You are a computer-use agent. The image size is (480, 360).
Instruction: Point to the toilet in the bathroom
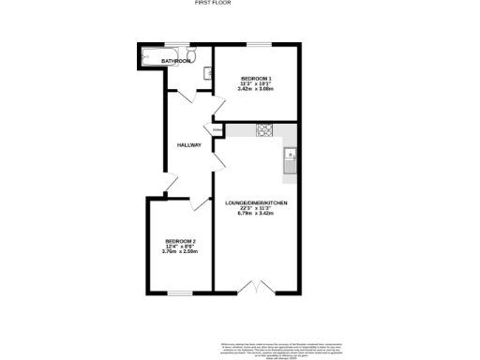click(190, 55)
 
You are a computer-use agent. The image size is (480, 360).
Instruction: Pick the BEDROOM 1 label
click(256, 78)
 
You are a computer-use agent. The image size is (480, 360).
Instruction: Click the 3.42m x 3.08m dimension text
click(256, 89)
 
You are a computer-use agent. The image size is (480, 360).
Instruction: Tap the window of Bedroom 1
click(256, 44)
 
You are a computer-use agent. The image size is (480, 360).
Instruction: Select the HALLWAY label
click(190, 144)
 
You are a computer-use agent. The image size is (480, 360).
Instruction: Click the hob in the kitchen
click(263, 130)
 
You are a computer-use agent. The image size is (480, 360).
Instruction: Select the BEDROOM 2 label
click(180, 243)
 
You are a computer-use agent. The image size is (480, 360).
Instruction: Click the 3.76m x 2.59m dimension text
click(180, 252)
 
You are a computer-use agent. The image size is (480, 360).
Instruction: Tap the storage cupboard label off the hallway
click(217, 129)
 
